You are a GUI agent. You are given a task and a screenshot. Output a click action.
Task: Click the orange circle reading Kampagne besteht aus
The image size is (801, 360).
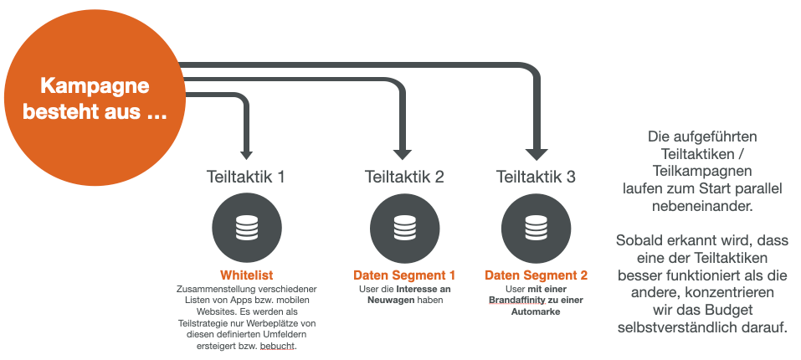(95, 99)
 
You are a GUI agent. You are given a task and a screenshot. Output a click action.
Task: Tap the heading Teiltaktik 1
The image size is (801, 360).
(246, 177)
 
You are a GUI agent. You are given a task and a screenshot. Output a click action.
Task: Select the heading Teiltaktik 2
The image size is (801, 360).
(404, 177)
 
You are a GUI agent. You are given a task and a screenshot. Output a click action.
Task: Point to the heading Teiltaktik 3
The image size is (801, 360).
(536, 177)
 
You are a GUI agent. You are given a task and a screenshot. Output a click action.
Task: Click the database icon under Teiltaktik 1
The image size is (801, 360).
(246, 227)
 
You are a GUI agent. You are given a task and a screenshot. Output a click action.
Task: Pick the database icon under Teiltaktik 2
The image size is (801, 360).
(404, 227)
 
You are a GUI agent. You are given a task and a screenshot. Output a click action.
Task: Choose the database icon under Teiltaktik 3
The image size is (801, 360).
(536, 227)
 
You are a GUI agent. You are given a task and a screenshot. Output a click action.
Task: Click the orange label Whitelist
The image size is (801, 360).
(246, 275)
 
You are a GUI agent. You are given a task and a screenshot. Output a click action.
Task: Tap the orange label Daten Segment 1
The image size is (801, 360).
(404, 275)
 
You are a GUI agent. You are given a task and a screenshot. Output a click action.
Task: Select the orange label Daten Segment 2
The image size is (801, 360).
(536, 275)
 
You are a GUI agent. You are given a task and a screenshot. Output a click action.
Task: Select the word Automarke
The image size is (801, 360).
(536, 311)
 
